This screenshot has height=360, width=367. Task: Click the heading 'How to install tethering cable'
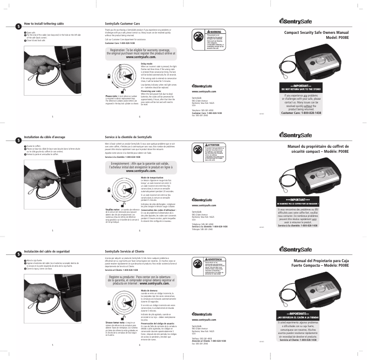43,23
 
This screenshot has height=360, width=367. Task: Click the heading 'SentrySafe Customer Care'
122,23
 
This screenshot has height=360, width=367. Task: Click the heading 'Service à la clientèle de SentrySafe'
128,137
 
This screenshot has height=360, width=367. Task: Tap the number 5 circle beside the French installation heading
18,140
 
